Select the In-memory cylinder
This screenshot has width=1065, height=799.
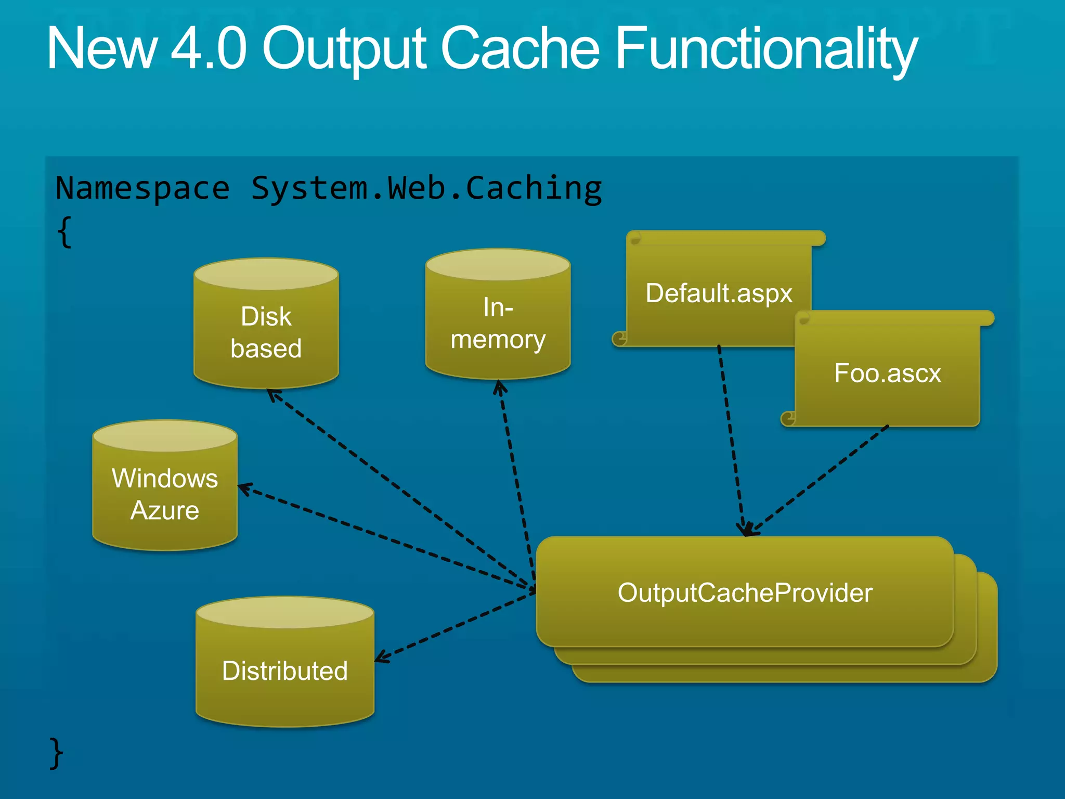(x=498, y=323)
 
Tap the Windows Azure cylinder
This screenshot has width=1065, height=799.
(x=165, y=494)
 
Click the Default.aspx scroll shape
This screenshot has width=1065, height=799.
(x=718, y=293)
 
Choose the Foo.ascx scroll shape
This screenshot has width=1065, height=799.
(x=887, y=373)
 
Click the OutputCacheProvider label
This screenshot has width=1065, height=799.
(x=745, y=593)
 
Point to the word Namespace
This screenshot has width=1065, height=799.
(x=142, y=188)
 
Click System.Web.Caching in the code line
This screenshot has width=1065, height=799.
(x=426, y=188)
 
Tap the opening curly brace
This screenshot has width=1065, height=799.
(x=64, y=232)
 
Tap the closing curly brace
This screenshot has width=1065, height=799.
(x=56, y=753)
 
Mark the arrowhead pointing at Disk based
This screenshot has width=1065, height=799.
(x=272, y=394)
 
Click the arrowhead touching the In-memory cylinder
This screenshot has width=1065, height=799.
(x=500, y=386)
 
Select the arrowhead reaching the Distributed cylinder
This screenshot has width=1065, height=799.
(x=381, y=659)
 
